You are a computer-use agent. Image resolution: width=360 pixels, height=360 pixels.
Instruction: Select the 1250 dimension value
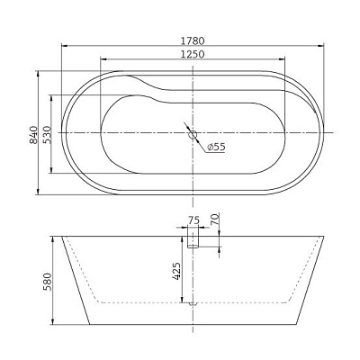point(190,54)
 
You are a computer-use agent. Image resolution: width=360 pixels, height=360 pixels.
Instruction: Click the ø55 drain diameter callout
point(216,147)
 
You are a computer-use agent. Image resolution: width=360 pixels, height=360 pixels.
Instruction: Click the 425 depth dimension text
point(177,271)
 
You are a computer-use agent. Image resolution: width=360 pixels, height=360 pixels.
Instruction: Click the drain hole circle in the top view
point(191,135)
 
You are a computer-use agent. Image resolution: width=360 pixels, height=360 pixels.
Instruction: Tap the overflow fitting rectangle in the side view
point(192,237)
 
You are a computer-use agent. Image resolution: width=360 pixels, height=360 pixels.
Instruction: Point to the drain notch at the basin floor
point(191,304)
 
